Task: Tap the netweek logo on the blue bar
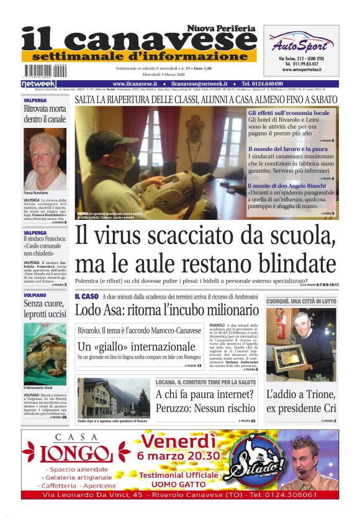38,83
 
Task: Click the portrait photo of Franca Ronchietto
45,160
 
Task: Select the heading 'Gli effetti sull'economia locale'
289,113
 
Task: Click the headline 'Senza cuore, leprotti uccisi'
45,309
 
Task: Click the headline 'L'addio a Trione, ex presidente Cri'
301,401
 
